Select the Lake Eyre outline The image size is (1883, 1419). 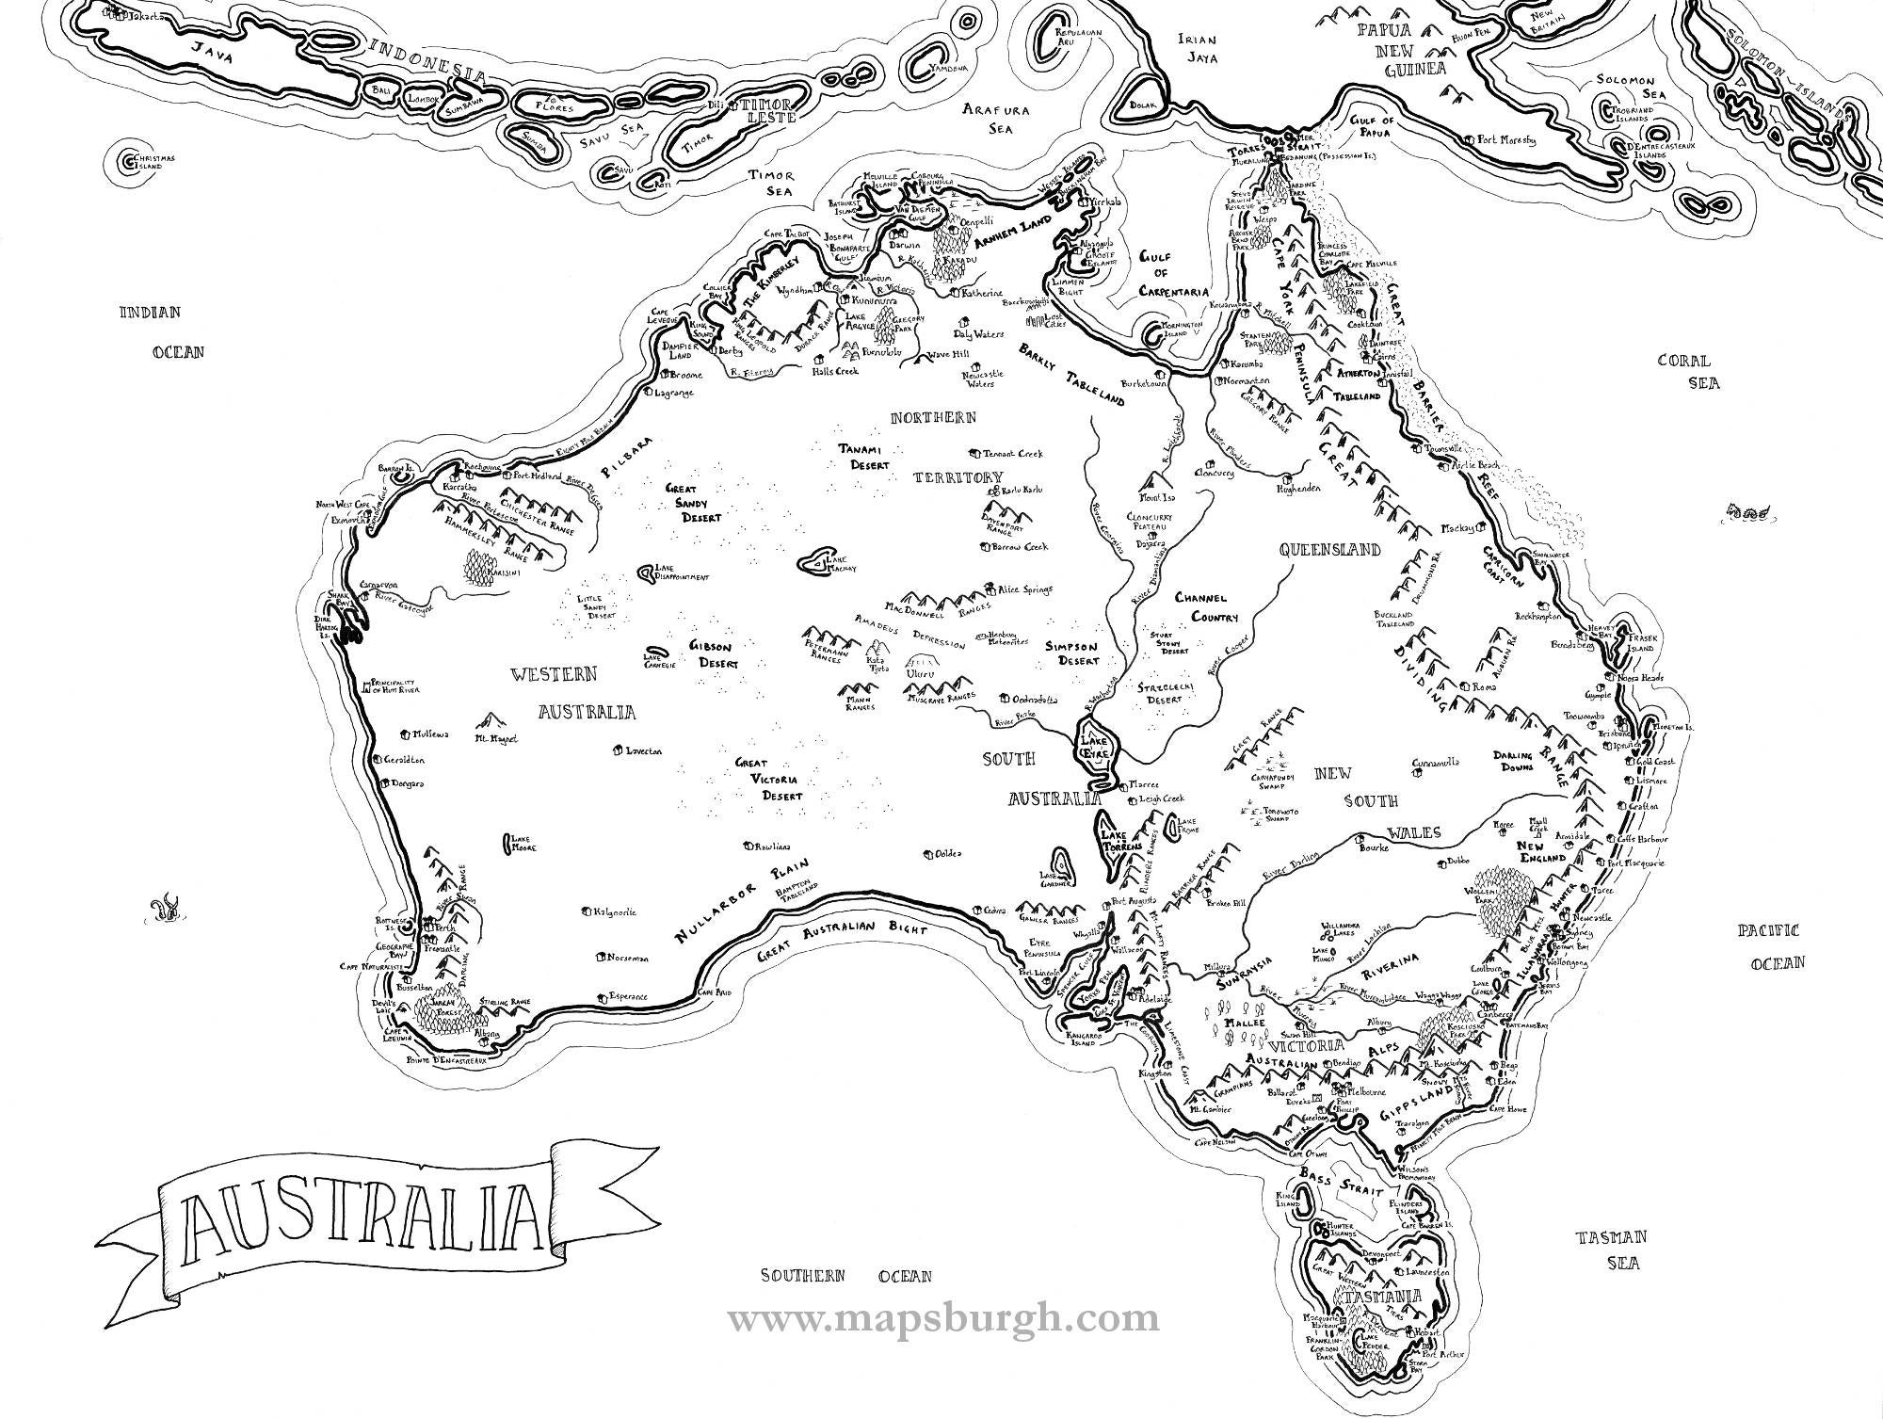point(1098,744)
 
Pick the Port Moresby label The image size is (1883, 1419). point(1506,139)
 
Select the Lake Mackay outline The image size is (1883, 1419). point(813,562)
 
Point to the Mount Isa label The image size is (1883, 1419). point(1160,497)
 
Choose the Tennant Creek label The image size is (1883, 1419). point(1013,454)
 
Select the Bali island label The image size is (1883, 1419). point(380,89)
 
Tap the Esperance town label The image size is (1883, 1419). point(628,996)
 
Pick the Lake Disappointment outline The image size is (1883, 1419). point(646,571)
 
